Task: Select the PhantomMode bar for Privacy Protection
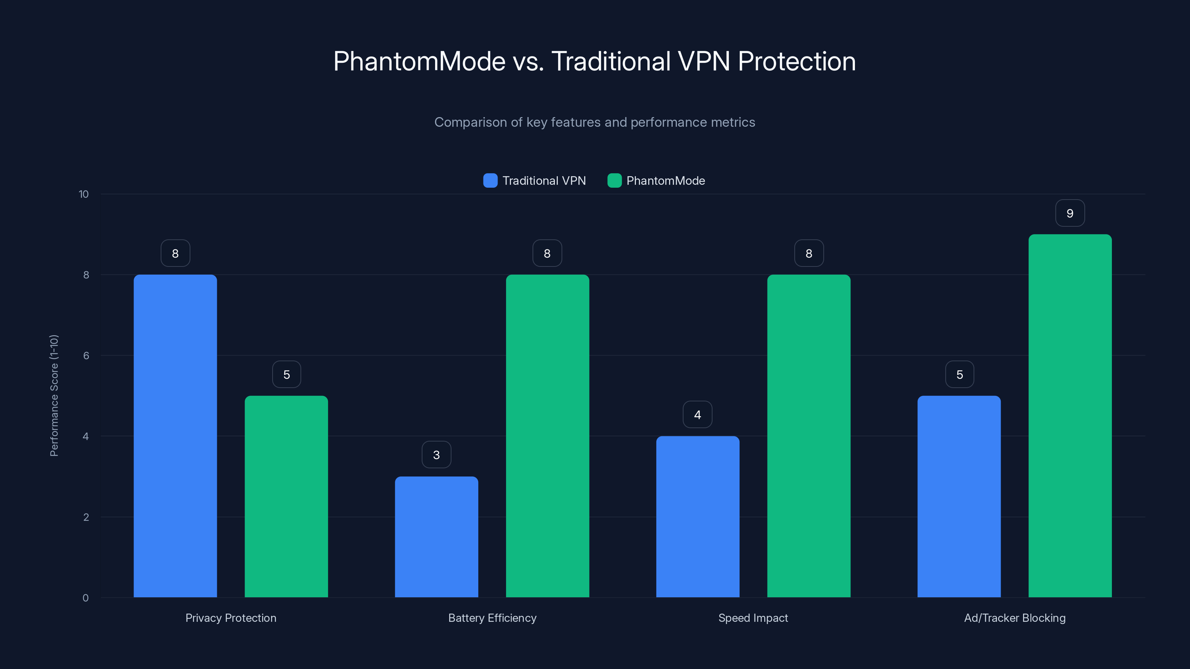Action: (x=286, y=496)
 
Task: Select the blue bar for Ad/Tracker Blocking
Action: (x=959, y=496)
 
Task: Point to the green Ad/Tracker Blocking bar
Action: (x=1070, y=416)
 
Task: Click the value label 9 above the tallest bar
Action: (x=1070, y=213)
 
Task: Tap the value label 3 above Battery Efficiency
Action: (x=436, y=455)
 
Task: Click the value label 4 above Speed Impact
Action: (x=698, y=415)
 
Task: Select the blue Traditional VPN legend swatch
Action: (x=490, y=181)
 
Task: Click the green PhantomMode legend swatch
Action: (x=614, y=181)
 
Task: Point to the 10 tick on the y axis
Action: (x=84, y=194)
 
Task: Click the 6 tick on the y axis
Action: (x=86, y=356)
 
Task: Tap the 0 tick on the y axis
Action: (x=86, y=598)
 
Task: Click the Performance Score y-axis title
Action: (x=54, y=396)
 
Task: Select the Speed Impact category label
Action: (x=753, y=618)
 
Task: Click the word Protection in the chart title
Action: (x=797, y=61)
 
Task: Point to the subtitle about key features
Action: (x=595, y=122)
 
